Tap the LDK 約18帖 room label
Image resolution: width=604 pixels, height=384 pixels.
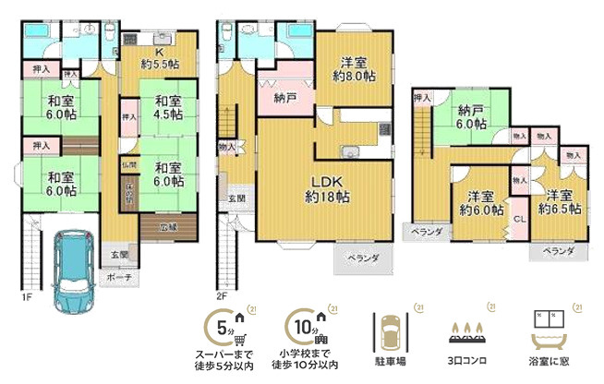coord(328,188)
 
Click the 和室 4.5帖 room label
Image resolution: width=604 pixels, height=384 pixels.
coord(167,108)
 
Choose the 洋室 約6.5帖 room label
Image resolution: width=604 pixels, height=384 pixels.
coord(562,202)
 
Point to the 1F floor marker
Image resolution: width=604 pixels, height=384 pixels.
coord(27,297)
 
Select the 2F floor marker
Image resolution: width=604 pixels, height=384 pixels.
coord(223,297)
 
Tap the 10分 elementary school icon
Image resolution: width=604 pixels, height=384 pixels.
coord(307,327)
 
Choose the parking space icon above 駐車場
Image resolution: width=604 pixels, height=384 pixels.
coord(389,329)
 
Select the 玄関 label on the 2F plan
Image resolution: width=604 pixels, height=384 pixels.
coord(236,198)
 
